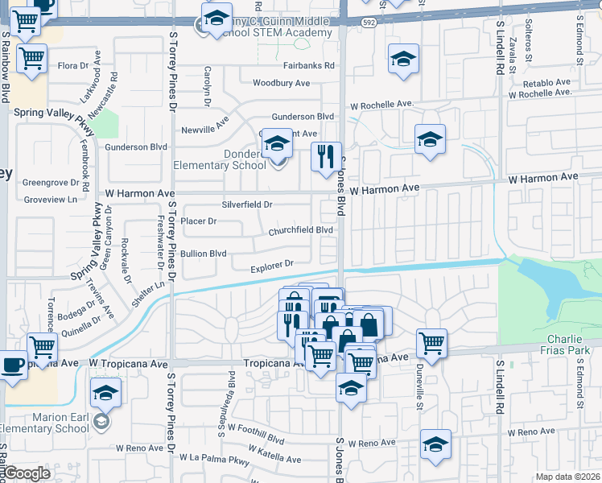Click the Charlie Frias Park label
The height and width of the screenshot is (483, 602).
pyautogui.click(x=569, y=345)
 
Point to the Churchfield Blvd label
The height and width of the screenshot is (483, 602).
pyautogui.click(x=301, y=230)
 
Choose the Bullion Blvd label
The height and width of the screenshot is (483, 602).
pyautogui.click(x=203, y=253)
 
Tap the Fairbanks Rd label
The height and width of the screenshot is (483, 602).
pyautogui.click(x=308, y=66)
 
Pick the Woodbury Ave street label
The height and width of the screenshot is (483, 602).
pyautogui.click(x=281, y=83)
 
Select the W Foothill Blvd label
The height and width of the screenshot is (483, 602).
pyautogui.click(x=256, y=440)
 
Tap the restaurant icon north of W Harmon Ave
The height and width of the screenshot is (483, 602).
pyautogui.click(x=326, y=156)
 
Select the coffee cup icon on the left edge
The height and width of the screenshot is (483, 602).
pyautogui.click(x=10, y=365)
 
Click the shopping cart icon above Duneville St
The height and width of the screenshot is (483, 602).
pyautogui.click(x=431, y=341)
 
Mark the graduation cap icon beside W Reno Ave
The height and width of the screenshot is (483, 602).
pyautogui.click(x=435, y=444)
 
